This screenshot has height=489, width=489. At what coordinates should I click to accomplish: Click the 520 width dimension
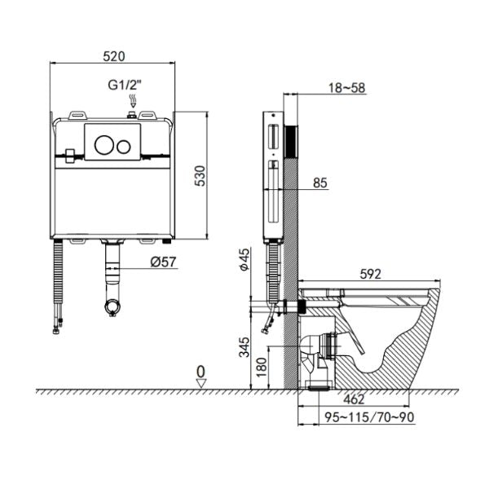click(114, 56)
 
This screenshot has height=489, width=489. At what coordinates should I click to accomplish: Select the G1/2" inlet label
click(125, 85)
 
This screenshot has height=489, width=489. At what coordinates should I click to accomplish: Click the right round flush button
click(124, 147)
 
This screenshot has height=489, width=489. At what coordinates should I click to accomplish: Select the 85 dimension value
click(319, 183)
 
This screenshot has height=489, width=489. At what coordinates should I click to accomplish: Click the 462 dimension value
click(355, 399)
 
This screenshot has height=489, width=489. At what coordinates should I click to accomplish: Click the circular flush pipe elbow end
click(111, 307)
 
